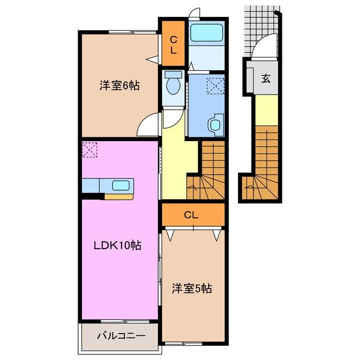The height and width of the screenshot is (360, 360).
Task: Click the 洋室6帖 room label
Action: (x=117, y=85)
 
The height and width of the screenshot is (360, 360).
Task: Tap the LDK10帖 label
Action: (x=117, y=245)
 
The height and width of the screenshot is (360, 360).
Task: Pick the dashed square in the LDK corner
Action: (x=89, y=150)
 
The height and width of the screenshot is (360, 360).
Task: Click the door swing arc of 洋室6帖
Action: (x=148, y=124)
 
